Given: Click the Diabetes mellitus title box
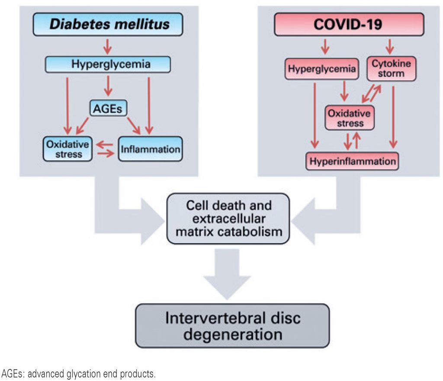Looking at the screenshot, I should click(109, 25).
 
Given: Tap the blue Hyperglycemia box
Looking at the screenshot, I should click(108, 65).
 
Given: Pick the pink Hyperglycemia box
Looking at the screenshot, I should click(321, 69).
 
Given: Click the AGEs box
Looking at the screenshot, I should click(109, 108).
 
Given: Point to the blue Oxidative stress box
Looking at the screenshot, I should click(68, 149).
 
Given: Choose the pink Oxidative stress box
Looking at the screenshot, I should click(349, 118).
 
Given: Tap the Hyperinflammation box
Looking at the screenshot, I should click(352, 162).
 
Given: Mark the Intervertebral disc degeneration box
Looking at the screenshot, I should click(233, 326).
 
